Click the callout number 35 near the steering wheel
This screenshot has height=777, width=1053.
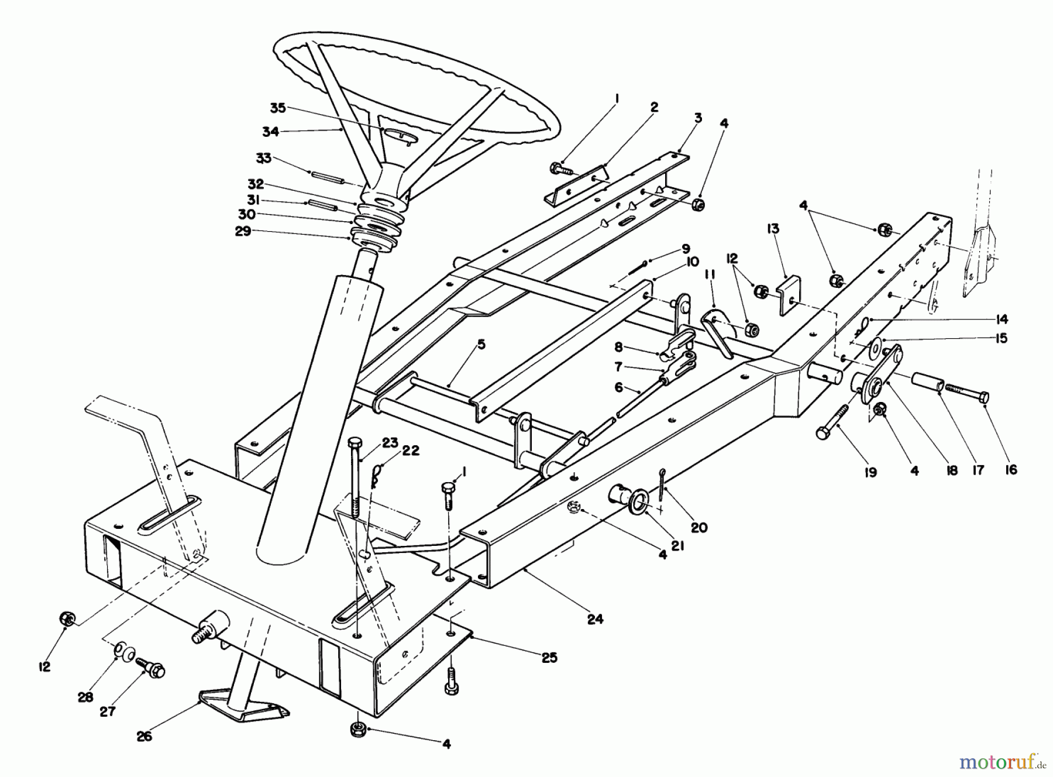point(277,108)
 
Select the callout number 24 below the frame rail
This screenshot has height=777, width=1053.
point(595,618)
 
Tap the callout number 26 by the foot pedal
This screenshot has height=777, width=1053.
point(144,735)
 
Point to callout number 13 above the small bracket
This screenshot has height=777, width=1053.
point(773,229)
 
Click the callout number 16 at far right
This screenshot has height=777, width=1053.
point(1011,469)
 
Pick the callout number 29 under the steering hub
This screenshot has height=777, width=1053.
point(243,232)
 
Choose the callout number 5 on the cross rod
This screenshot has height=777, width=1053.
point(481,345)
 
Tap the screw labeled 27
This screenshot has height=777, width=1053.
point(151,668)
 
